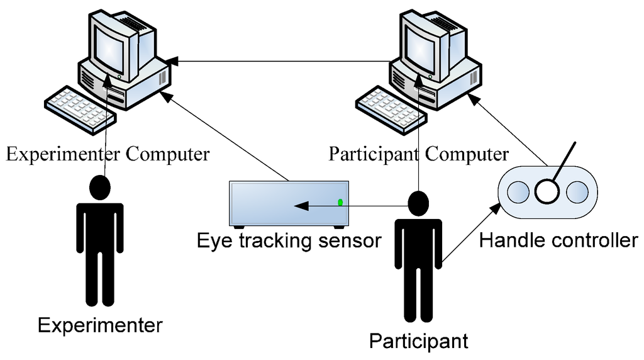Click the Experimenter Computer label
107,154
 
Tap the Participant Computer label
419,154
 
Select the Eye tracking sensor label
289,241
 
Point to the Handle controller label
558,240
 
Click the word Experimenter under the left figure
100,325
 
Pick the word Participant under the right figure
418,341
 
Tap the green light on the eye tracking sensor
340,202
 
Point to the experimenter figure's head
99,188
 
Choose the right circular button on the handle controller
576,191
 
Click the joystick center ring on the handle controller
547,191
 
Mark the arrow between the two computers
283,61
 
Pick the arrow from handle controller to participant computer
509,129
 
